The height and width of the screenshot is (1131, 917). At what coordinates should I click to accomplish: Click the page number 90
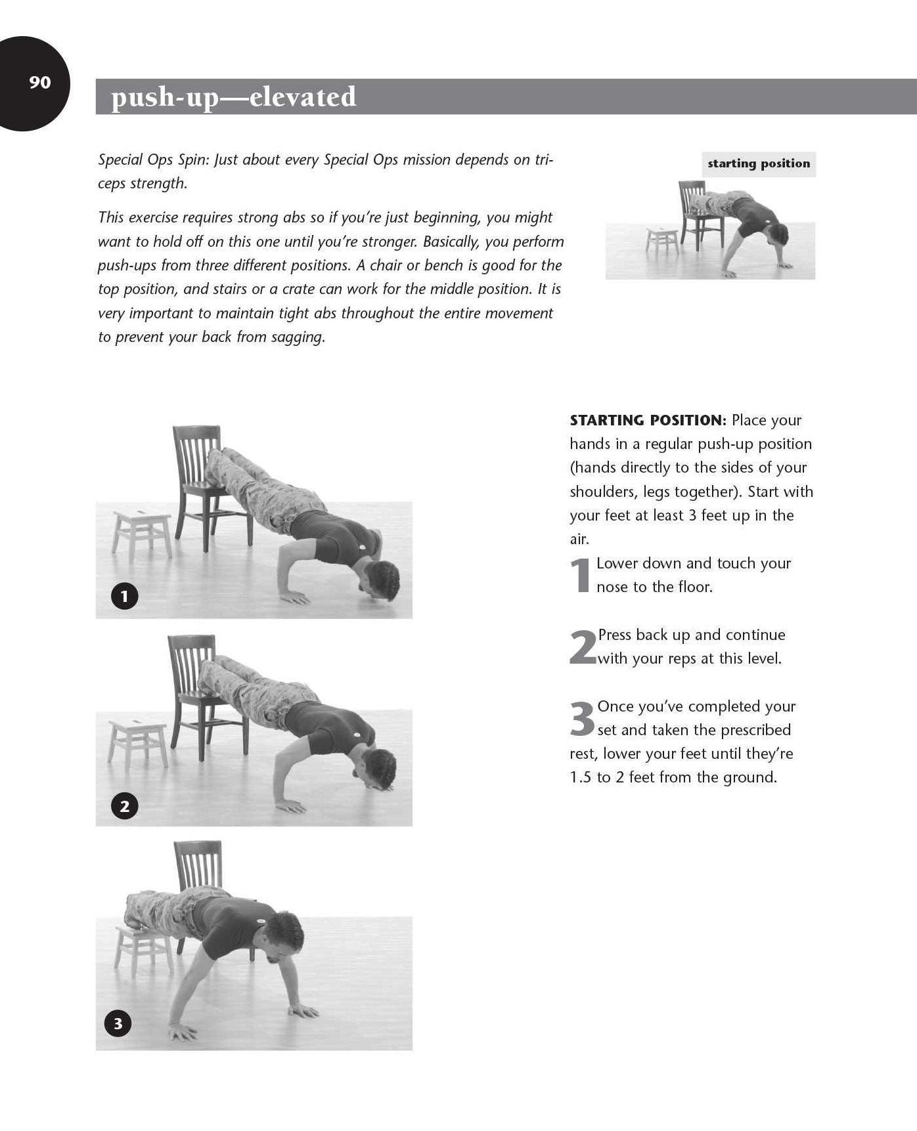tap(39, 82)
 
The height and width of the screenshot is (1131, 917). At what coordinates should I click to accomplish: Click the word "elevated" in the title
tap(303, 96)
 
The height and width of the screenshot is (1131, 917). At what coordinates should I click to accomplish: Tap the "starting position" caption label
tap(759, 163)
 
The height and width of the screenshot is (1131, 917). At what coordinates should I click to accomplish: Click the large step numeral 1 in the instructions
tap(581, 575)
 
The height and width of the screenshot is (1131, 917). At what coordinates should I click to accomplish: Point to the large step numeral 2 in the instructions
tap(583, 647)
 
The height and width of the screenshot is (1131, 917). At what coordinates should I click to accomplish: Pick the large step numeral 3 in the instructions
tap(582, 718)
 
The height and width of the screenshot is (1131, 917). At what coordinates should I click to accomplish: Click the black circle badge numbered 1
tap(124, 597)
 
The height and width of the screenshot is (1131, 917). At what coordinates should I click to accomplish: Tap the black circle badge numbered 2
tap(124, 805)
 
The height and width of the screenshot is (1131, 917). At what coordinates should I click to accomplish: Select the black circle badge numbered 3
tap(118, 1023)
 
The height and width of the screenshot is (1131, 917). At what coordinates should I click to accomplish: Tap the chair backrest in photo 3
tap(198, 866)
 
